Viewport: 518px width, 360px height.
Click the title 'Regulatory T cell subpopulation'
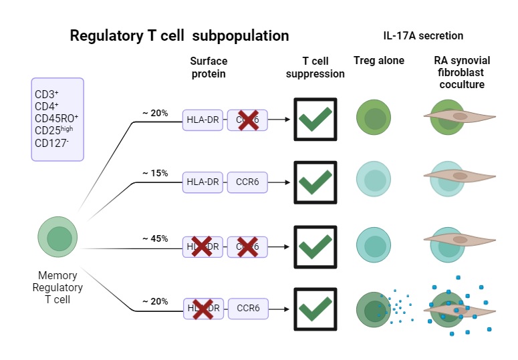coord(179,35)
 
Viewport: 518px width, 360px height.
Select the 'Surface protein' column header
coord(208,67)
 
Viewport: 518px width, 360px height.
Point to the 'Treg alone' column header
coord(379,61)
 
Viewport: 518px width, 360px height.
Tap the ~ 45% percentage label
coord(154,238)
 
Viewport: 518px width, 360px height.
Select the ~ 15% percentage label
coord(154,173)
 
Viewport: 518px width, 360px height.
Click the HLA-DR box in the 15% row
coord(202,182)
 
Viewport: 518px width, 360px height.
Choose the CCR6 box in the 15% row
coord(247,182)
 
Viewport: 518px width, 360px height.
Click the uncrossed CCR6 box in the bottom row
coord(247,309)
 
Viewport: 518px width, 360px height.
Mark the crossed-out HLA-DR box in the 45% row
coord(202,247)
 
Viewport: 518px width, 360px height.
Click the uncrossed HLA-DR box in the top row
coord(202,120)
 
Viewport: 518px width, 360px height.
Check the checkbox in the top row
coord(315,120)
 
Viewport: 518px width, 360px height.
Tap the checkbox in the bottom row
coord(315,309)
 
